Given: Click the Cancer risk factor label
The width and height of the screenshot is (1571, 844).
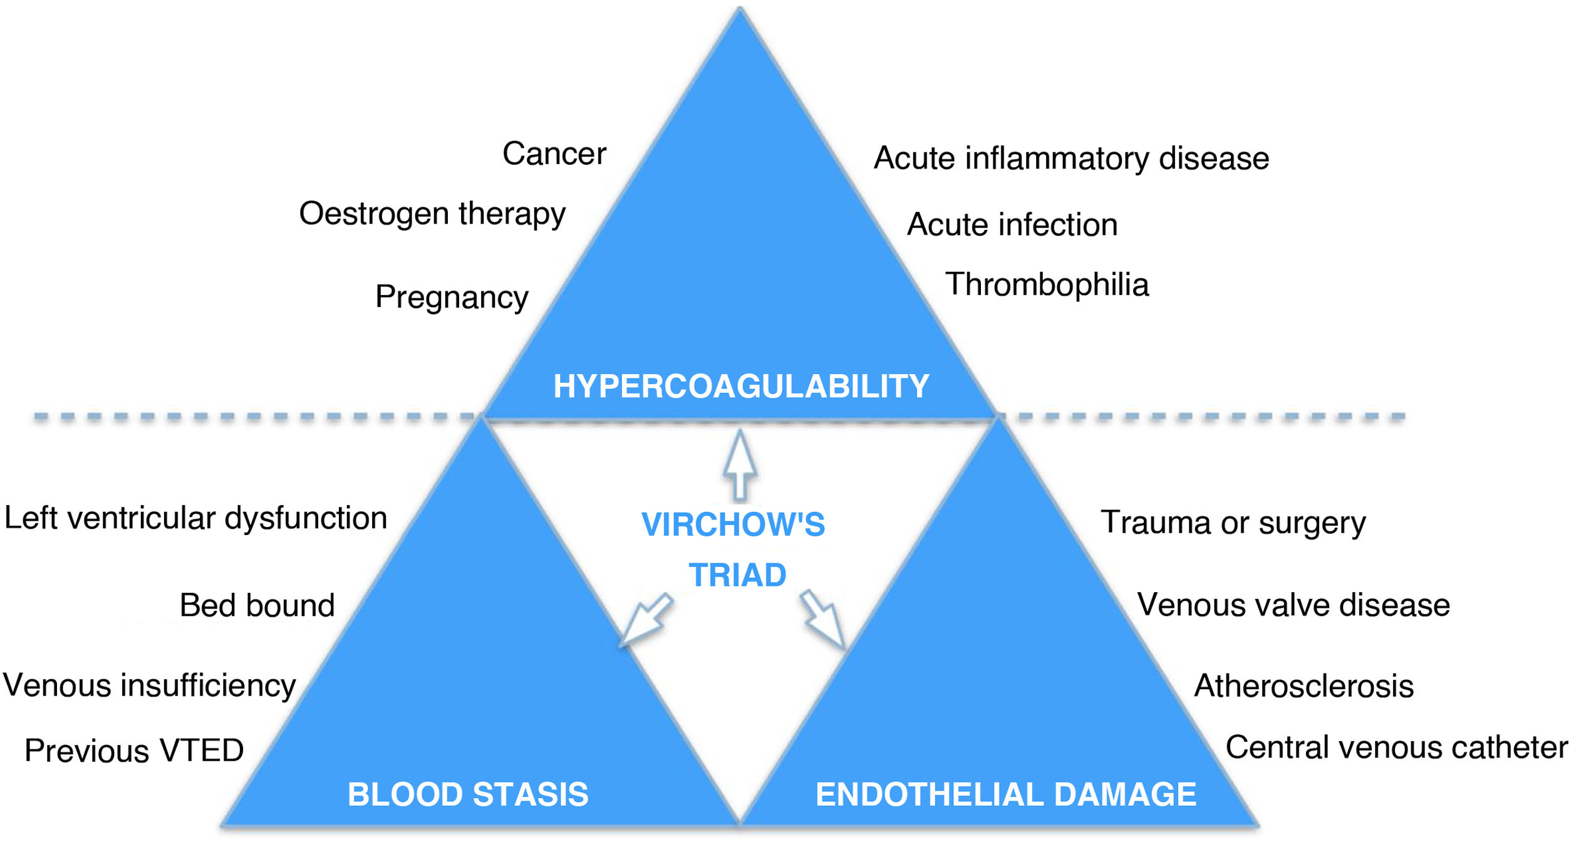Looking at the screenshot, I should click(554, 154).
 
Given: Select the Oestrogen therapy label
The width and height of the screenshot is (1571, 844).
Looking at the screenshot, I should click(432, 214).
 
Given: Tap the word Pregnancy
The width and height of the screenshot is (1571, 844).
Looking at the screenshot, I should click(452, 297).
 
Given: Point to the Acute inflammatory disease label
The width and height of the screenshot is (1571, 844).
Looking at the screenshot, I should click(1071, 159).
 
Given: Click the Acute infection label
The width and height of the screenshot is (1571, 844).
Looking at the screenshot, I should click(1012, 225).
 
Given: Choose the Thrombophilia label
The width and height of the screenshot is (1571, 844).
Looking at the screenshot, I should click(1047, 285).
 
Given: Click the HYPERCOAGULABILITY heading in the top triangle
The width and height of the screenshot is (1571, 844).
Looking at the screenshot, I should click(741, 387).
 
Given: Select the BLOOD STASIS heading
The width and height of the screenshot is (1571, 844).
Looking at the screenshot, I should click(468, 795).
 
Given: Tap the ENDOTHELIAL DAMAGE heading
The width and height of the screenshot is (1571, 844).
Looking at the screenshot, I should click(1006, 795).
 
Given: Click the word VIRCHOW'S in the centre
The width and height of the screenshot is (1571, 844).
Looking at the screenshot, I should click(733, 525).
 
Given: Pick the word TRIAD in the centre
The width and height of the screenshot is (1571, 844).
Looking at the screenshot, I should click(737, 575).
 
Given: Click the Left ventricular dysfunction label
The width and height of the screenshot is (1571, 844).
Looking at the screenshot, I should click(195, 519).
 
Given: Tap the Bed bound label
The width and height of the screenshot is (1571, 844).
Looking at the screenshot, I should click(257, 606).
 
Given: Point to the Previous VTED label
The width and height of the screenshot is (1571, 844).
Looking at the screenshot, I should click(134, 751).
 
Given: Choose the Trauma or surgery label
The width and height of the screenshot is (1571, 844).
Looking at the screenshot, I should click(1233, 523).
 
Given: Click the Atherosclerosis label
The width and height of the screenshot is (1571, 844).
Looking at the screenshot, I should click(1304, 686).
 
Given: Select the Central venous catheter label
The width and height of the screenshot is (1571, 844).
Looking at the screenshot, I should click(1396, 748).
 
